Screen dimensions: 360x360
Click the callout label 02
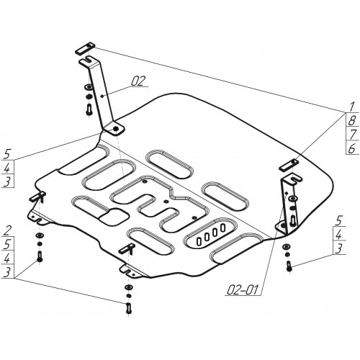tap(138, 81)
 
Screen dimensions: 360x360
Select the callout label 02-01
tap(242, 290)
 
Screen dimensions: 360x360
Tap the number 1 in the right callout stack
tap(351, 107)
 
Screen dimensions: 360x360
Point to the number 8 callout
tap(351, 121)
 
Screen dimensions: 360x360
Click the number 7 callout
tap(352, 135)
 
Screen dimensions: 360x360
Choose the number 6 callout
tap(351, 149)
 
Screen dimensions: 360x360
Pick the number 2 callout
tap(7, 230)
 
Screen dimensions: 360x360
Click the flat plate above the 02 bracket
tap(86, 48)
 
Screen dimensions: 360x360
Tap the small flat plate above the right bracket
tap(289, 165)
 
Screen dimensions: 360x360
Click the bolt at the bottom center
tap(129, 308)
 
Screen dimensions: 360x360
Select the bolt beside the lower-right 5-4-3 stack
tap(289, 266)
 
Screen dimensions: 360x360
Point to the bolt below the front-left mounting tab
tap(40, 256)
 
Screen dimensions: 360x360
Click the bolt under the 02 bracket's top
tap(89, 109)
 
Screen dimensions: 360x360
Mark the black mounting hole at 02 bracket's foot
tap(116, 130)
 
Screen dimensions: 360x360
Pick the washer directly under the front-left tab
tap(40, 235)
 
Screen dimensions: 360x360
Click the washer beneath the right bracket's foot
tap(286, 246)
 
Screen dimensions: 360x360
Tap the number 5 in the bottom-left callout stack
tap(7, 244)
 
